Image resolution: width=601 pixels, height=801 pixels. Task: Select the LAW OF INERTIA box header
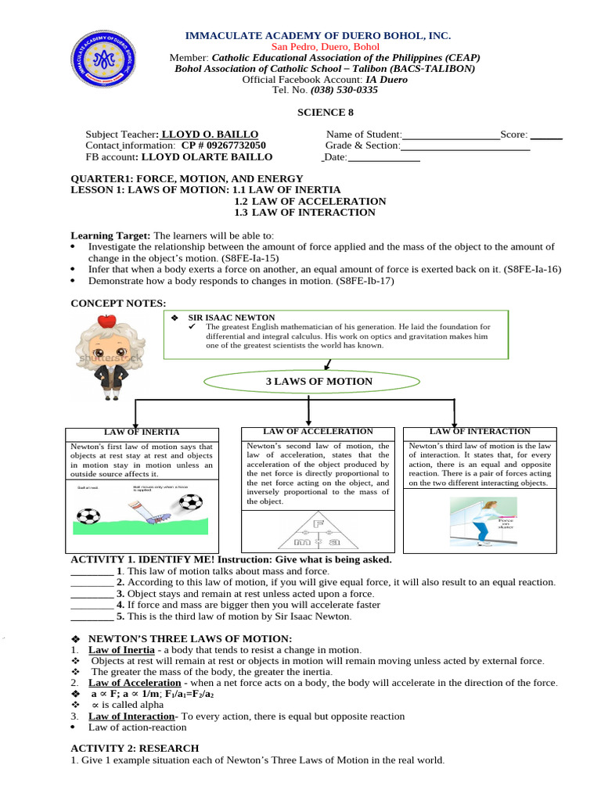pyautogui.click(x=142, y=432)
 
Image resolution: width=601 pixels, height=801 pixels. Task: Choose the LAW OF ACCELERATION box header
pyautogui.click(x=318, y=432)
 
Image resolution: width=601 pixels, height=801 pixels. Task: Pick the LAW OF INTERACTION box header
pyautogui.click(x=480, y=432)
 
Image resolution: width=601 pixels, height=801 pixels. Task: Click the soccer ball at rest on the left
pyautogui.click(x=87, y=516)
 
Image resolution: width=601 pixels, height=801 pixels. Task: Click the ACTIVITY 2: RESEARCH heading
pyautogui.click(x=135, y=748)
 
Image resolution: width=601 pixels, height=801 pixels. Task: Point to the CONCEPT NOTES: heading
pyautogui.click(x=118, y=303)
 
